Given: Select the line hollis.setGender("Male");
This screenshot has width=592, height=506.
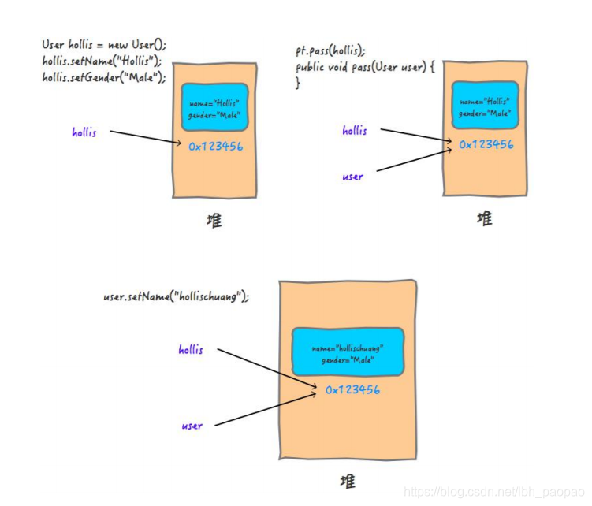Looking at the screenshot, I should tap(104, 77).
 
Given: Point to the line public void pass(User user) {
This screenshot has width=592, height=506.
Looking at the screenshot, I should tap(365, 67).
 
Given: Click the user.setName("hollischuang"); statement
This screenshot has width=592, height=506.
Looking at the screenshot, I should tap(176, 296).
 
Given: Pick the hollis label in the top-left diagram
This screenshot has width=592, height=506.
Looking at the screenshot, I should tap(84, 132).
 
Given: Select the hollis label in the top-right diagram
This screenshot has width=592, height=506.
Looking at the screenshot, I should tap(354, 131).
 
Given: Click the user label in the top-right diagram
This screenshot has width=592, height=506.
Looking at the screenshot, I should tap(353, 177).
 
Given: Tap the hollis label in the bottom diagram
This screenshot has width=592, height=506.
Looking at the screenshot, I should tap(190, 349).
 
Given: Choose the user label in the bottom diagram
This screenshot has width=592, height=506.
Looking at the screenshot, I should tap(192, 426).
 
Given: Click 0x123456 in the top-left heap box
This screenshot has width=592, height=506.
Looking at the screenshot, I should tap(215, 146).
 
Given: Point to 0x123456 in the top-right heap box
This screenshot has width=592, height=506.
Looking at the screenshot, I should tap(486, 144).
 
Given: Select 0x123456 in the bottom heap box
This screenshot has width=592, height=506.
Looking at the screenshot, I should tap(352, 389).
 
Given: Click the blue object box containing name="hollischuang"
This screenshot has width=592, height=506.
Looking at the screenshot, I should tap(348, 353).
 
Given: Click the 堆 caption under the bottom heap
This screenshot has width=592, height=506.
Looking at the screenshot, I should tap(347, 481).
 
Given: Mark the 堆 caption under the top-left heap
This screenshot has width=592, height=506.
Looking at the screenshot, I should tap(214, 219).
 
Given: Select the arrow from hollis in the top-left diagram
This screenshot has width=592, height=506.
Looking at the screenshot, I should tap(147, 137).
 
